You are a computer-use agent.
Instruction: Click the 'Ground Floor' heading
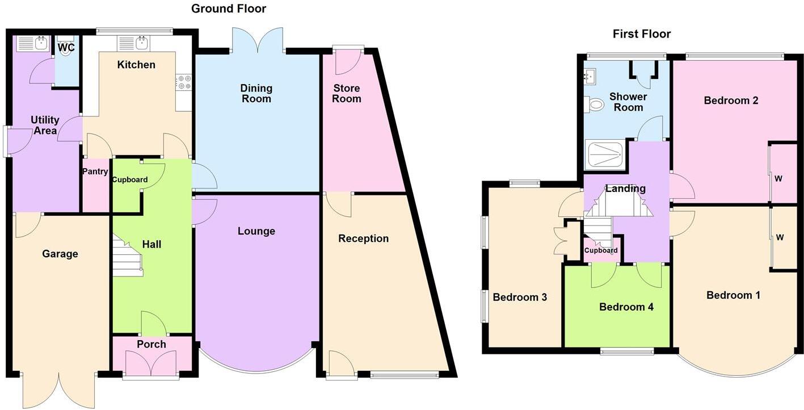(x=228, y=9)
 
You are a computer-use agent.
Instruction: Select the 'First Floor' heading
(x=641, y=34)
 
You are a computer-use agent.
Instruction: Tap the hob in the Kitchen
(x=183, y=83)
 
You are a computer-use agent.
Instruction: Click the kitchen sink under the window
(x=134, y=43)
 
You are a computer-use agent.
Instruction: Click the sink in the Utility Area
(x=33, y=43)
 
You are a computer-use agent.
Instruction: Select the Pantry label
(x=95, y=171)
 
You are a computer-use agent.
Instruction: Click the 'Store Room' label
(x=346, y=94)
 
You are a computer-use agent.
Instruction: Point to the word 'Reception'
(x=363, y=239)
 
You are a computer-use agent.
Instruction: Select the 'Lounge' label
(x=256, y=231)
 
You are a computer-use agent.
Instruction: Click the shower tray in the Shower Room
(x=605, y=154)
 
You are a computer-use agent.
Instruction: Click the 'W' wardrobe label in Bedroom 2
(x=778, y=179)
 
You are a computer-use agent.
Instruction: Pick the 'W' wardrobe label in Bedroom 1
(x=780, y=237)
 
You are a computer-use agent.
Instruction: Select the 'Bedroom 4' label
(x=626, y=307)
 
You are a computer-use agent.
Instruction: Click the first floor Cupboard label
(x=601, y=250)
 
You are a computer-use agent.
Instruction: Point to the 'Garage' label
(x=60, y=254)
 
